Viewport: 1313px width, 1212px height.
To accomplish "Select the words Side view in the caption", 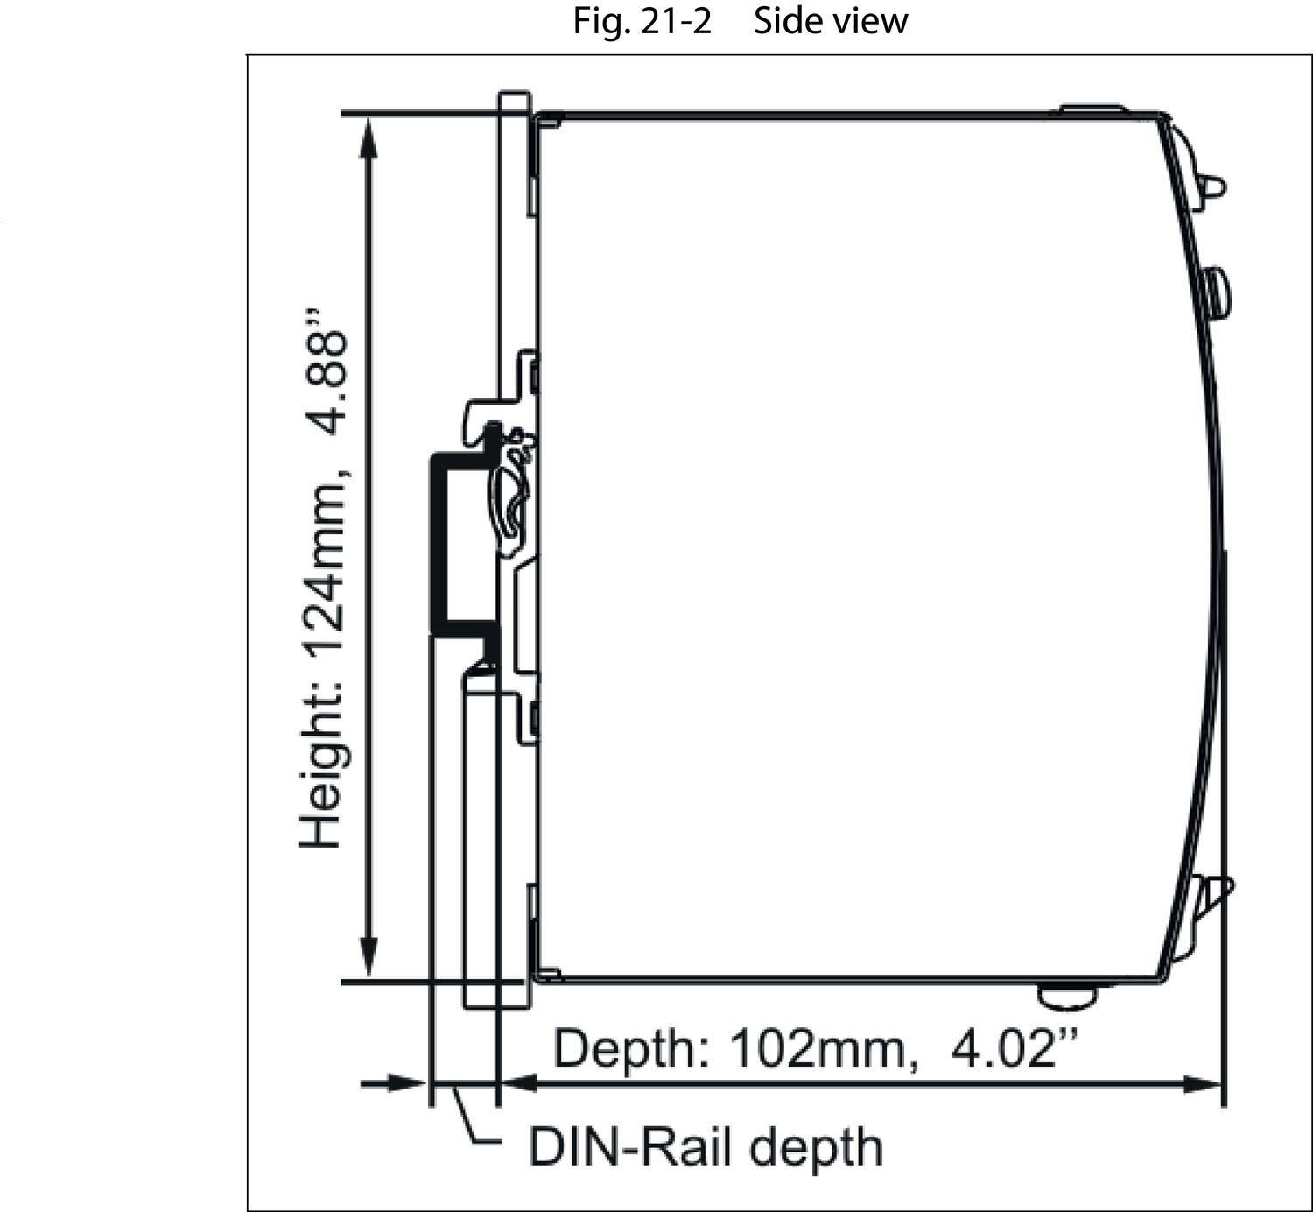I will [x=830, y=20].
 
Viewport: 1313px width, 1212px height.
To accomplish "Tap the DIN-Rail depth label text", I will [x=705, y=1146].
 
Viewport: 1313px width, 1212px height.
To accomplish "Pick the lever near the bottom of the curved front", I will [x=1217, y=893].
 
